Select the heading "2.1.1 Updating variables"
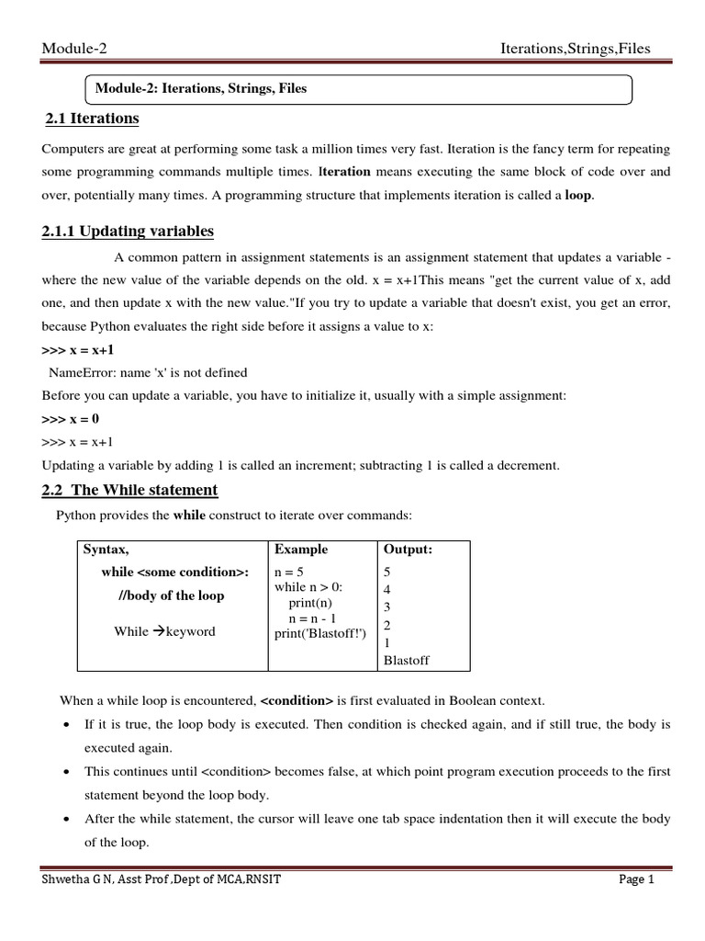coord(128,231)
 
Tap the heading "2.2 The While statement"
coord(130,490)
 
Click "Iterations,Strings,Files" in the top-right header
coord(574,49)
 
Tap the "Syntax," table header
coord(106,550)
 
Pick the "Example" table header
coord(301,550)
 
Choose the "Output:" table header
coord(408,550)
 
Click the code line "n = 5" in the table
coord(291,572)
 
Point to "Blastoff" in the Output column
coord(406,661)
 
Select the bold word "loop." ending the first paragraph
coord(578,196)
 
